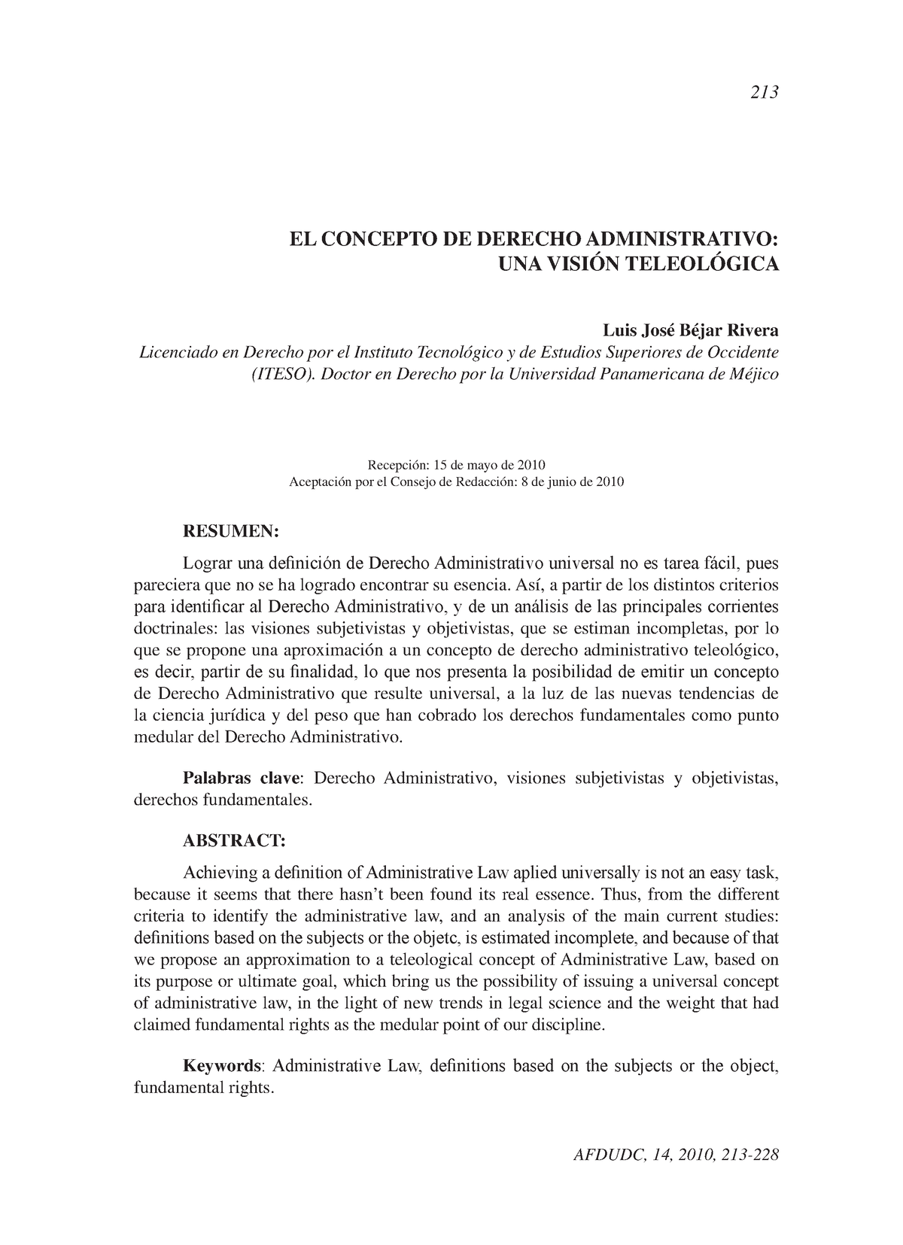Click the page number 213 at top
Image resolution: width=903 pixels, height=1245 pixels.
(x=764, y=93)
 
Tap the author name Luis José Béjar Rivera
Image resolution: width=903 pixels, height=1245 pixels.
(x=689, y=331)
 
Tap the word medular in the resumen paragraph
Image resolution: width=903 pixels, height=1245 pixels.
(x=163, y=737)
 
